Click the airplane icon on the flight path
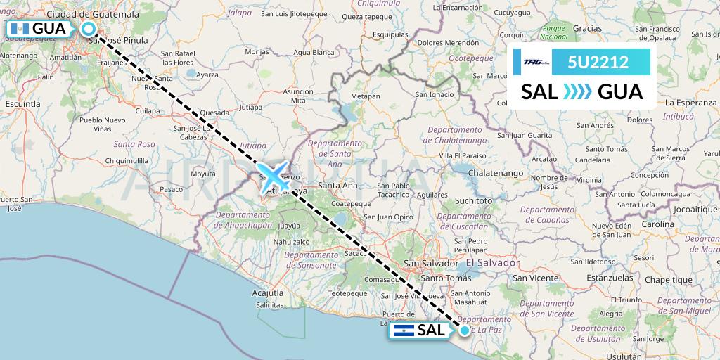[274, 175]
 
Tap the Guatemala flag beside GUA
[18, 29]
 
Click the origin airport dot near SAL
[464, 329]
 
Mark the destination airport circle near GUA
[89, 29]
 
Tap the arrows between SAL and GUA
[578, 92]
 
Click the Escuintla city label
[23, 103]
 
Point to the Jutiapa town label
[252, 108]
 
